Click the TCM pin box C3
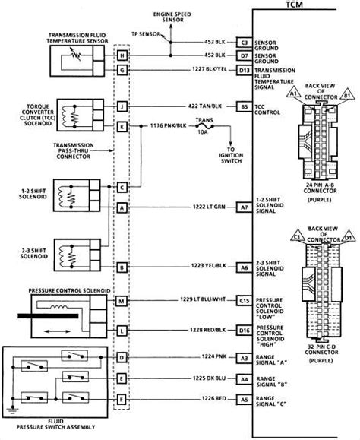pyautogui.click(x=244, y=42)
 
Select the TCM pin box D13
pyautogui.click(x=244, y=70)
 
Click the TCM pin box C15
pyautogui.click(x=244, y=301)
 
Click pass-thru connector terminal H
pyautogui.click(x=122, y=55)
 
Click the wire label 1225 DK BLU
pyautogui.click(x=207, y=376)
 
